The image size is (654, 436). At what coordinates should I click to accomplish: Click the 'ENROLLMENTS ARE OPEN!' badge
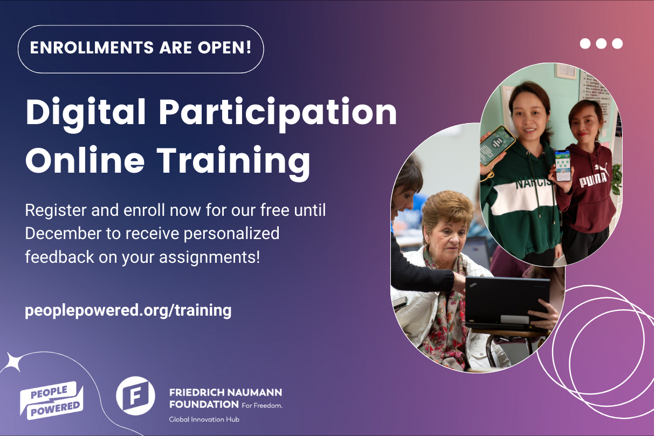141,49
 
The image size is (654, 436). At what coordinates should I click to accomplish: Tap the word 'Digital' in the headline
85,112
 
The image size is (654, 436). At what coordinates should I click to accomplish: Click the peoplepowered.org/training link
128,311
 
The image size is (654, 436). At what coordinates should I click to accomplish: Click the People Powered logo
52,400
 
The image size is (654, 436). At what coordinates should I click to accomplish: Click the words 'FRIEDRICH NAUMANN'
225,392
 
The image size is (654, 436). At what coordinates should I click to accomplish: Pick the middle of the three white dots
601,44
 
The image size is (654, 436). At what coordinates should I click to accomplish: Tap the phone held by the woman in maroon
563,165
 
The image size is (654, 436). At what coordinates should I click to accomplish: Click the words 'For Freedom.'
261,405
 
